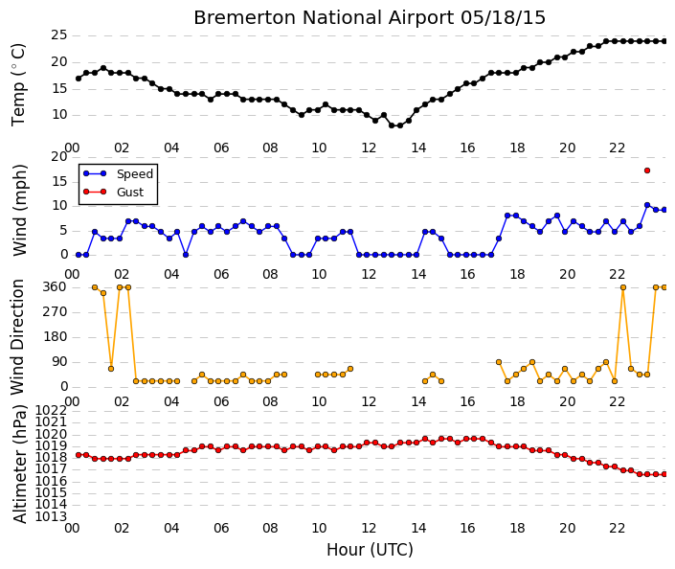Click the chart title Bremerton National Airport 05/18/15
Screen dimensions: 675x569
pos(370,17)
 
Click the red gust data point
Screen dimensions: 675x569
pos(647,171)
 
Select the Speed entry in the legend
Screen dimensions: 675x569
pos(119,174)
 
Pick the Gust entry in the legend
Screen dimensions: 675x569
pos(113,193)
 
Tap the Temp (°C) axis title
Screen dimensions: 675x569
pos(18,85)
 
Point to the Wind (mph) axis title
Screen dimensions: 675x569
pos(19,210)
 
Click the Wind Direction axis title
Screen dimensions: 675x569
pos(17,337)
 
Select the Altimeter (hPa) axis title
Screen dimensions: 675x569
pos(20,464)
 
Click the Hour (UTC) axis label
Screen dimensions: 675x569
pos(370,550)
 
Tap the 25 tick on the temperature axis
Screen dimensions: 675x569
pos(59,35)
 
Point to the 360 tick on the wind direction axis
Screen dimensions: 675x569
pos(56,287)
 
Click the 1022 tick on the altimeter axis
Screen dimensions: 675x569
pos(51,410)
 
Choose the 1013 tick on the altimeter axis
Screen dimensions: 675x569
pos(51,516)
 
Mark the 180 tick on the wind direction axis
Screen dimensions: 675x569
pos(56,337)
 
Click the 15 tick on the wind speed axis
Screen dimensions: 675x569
pos(59,182)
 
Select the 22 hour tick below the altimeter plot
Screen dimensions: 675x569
pos(617,528)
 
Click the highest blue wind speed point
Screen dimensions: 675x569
pos(647,205)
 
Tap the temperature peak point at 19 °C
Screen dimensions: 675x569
pos(103,68)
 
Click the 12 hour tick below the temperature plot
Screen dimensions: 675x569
pos(369,148)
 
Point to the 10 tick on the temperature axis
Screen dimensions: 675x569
pos(59,115)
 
